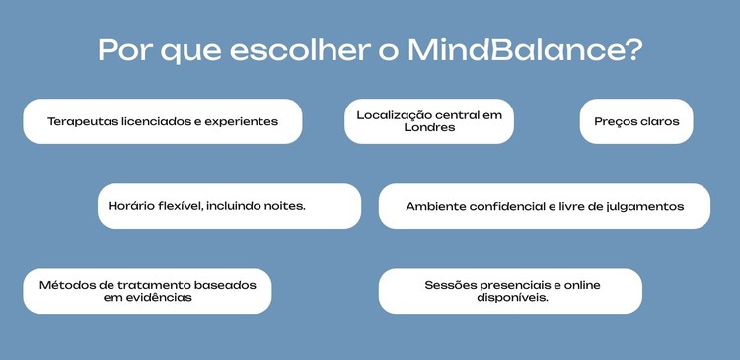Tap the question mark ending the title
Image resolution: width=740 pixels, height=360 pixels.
(x=633, y=50)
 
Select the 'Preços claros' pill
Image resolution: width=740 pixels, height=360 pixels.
(x=636, y=122)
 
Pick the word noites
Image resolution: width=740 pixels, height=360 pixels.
(x=284, y=207)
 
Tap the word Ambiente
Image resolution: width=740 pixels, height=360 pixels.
(x=438, y=207)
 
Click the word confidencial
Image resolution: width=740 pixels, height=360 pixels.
(x=517, y=207)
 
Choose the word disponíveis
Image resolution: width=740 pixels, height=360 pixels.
(x=510, y=298)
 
